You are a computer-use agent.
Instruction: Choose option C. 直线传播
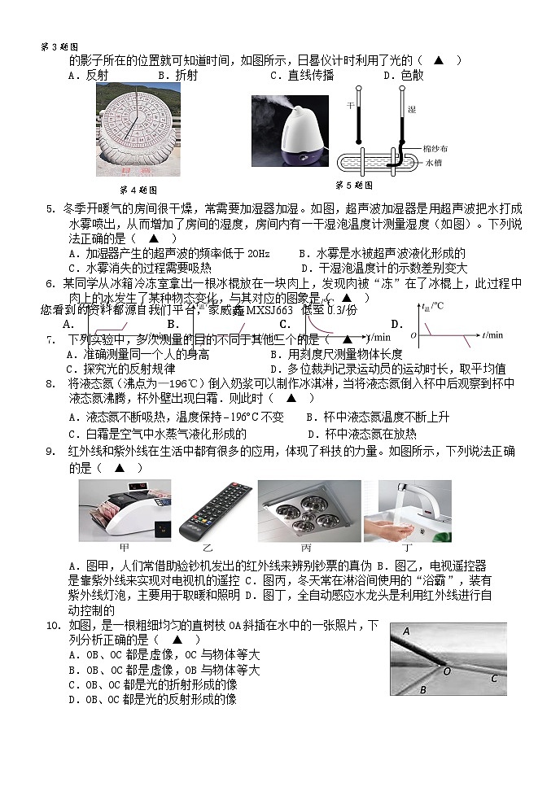point(302,75)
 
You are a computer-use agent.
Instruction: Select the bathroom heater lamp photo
point(308,510)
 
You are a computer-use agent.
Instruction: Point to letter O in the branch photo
point(446,671)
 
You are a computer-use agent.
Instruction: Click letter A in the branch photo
point(405,631)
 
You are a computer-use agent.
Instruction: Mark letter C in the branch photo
point(493,678)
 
